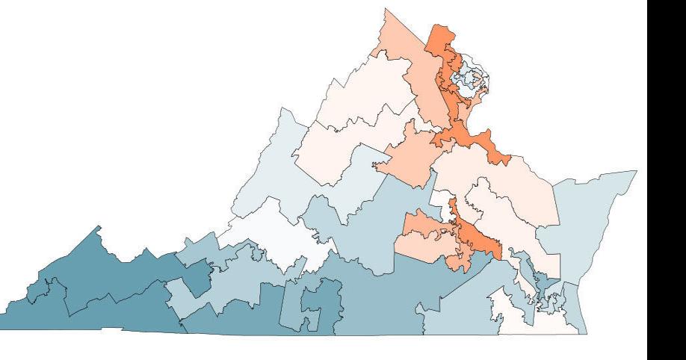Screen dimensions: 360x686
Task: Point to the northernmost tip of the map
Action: (x=386, y=9)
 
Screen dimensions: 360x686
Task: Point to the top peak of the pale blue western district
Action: (x=282, y=109)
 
